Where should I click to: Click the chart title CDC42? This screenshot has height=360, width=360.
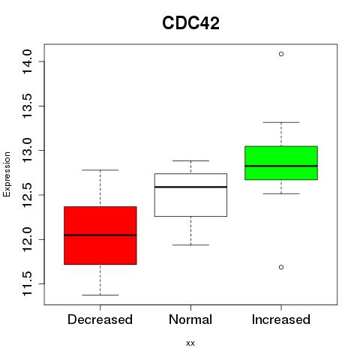tap(190, 23)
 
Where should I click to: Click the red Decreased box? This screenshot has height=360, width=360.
tap(100, 235)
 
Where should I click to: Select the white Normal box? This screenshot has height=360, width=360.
tap(190, 195)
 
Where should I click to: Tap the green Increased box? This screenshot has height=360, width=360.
tap(281, 163)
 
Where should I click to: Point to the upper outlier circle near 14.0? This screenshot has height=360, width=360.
tap(281, 54)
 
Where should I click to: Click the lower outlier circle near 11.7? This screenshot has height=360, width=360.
tap(281, 267)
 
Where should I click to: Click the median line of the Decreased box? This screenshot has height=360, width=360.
tap(100, 235)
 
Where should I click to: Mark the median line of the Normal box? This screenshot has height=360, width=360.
tap(190, 187)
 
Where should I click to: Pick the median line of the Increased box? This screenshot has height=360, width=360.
tap(281, 166)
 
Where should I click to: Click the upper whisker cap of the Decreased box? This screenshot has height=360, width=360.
tap(100, 170)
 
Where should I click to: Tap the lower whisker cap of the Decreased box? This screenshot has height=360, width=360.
tap(100, 295)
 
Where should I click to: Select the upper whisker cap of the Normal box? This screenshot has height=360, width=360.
tap(190, 160)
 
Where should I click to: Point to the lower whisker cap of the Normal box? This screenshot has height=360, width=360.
tap(190, 245)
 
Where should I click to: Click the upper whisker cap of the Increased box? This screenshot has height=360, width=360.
tap(281, 122)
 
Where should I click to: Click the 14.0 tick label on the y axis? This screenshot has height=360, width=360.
tap(27, 61)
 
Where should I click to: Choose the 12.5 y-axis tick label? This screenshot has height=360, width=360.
tap(27, 195)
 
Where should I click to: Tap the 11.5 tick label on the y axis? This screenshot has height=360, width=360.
tap(27, 284)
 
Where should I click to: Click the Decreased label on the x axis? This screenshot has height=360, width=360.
tap(100, 319)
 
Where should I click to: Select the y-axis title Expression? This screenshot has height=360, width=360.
tap(7, 174)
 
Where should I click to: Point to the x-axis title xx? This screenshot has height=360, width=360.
tap(190, 343)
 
